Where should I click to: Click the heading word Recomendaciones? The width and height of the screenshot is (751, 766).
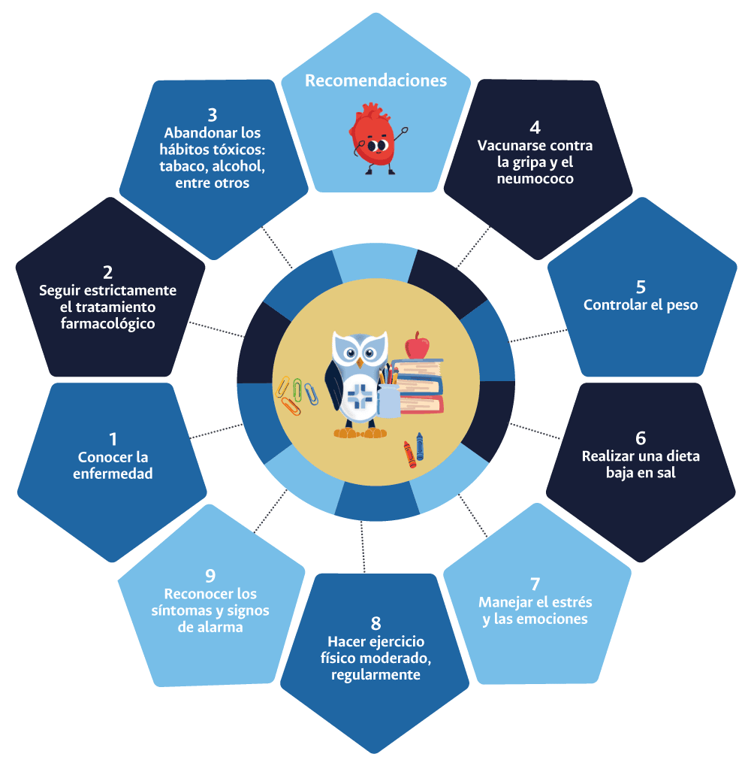click(375, 80)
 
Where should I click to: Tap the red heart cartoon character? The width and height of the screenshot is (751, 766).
click(374, 140)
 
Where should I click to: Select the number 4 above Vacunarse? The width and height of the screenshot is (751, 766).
click(535, 127)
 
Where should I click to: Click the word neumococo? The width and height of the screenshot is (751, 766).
click(535, 180)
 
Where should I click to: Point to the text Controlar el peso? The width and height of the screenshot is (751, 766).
click(641, 305)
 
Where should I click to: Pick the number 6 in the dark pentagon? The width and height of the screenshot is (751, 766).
click(640, 438)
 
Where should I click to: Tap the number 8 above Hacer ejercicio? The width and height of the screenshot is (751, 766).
click(375, 623)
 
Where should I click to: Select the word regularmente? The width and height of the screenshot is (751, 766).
click(375, 675)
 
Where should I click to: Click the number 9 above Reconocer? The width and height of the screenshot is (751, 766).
click(210, 576)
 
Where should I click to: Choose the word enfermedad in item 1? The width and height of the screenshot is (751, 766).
click(113, 474)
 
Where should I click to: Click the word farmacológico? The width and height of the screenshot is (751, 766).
click(107, 324)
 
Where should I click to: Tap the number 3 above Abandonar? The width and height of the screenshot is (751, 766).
click(213, 115)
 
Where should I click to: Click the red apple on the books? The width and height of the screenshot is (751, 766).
click(417, 347)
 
